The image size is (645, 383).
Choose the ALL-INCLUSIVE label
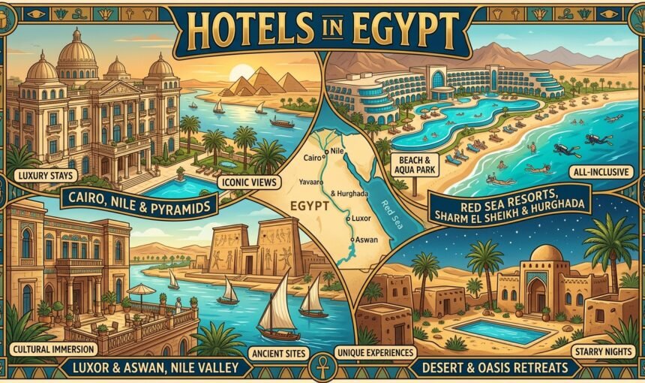point(601,173)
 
